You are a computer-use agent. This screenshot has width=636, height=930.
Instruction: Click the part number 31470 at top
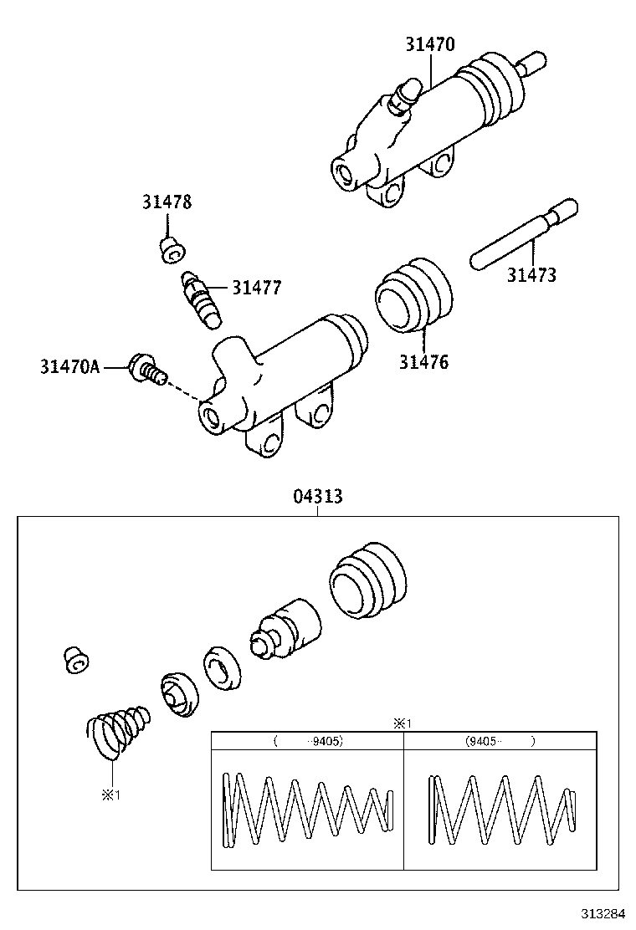[430, 44]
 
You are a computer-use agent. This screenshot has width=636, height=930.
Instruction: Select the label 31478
[166, 202]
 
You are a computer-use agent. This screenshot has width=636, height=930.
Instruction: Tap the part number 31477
[256, 288]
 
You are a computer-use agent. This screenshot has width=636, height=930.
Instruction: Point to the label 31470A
[69, 366]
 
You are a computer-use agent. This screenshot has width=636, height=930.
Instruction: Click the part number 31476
[423, 362]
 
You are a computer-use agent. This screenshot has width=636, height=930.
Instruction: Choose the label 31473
[531, 274]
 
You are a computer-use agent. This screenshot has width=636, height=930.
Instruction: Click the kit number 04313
[317, 498]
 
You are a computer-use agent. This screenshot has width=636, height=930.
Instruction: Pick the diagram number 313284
[603, 912]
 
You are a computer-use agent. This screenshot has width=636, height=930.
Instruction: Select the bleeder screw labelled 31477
[200, 298]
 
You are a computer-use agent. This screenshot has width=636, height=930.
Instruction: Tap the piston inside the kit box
[286, 631]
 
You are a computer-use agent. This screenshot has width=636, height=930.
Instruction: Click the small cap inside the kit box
[75, 659]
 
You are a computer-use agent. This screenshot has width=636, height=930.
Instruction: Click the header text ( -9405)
[307, 741]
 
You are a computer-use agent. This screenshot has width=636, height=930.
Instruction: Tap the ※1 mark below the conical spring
[111, 795]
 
